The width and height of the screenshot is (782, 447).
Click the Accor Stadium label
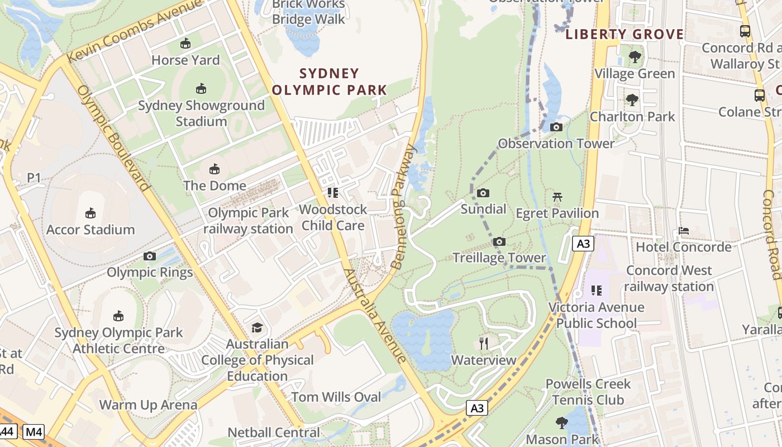[x=90, y=230]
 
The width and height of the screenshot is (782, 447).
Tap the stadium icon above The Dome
[x=214, y=169]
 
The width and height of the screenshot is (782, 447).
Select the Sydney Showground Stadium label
[x=201, y=113]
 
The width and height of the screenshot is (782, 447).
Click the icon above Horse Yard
[x=185, y=44]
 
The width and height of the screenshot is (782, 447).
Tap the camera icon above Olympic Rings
[x=149, y=256]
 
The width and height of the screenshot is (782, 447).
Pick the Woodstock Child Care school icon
[x=333, y=193]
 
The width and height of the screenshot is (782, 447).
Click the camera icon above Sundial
[x=483, y=193]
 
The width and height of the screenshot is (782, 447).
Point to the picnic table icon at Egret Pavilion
[x=557, y=197]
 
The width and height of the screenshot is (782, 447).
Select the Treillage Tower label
[x=499, y=258]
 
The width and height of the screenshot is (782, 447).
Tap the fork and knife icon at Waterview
[x=484, y=343]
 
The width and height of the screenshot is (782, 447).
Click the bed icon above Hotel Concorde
[x=683, y=231]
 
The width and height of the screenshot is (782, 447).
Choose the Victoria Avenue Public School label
[x=596, y=315]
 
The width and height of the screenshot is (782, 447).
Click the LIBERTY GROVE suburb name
[x=624, y=35]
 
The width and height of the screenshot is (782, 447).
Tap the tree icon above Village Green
[x=635, y=57]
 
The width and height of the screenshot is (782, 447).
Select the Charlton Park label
[x=632, y=117]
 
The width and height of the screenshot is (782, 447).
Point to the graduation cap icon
[x=257, y=327]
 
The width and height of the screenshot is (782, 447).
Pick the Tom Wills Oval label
[x=336, y=397]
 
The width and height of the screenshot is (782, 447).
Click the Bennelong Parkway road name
[x=404, y=207]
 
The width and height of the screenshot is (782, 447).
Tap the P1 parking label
[x=34, y=178]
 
